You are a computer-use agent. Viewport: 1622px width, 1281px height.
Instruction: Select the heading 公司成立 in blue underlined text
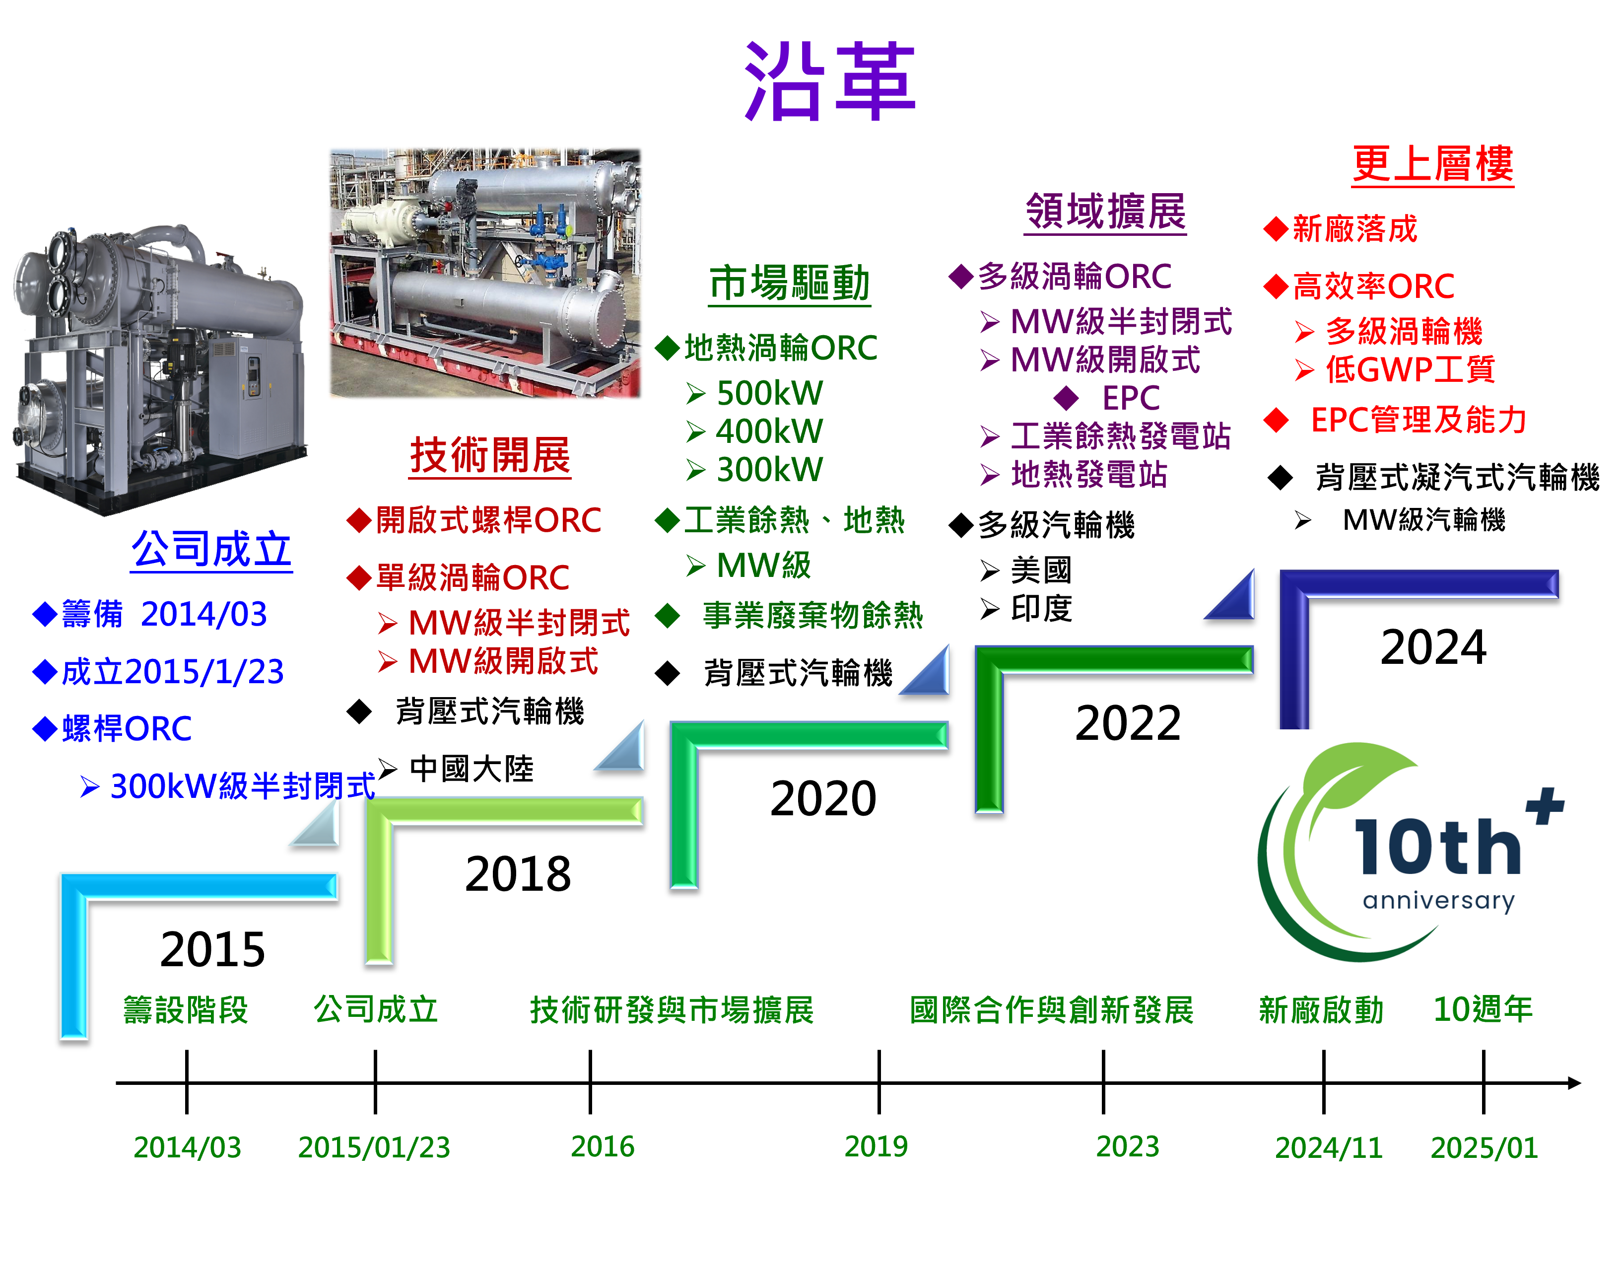211,550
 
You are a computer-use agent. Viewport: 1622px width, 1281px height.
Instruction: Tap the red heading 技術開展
490,455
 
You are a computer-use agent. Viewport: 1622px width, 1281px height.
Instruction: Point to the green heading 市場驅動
790,284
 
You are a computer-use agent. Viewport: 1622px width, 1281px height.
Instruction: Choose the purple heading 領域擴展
1105,212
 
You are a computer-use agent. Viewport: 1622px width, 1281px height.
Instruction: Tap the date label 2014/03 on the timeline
188,1147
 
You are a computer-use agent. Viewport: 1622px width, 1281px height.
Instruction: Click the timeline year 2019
876,1146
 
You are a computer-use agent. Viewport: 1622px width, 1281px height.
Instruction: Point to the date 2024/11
1328,1147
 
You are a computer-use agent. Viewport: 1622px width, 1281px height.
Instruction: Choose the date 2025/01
1484,1147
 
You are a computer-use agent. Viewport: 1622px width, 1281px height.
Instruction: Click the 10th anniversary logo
1415,851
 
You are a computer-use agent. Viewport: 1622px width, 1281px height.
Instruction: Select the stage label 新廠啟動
1321,1009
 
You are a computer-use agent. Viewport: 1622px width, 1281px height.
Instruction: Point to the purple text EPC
1130,398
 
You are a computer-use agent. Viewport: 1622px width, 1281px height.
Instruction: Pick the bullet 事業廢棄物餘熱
812,616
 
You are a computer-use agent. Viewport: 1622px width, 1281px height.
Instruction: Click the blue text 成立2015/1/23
172,672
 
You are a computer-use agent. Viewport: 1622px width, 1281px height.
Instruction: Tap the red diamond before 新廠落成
1275,229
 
